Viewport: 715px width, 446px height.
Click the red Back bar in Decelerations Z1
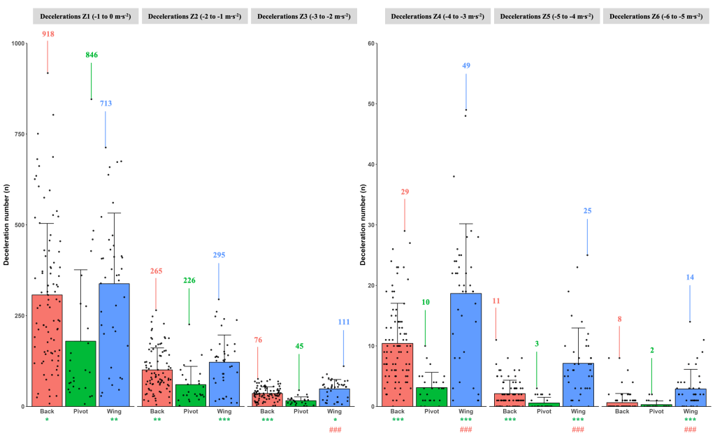coord(47,350)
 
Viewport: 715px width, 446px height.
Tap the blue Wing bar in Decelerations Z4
coord(465,350)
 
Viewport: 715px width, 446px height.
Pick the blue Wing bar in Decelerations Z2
coord(224,384)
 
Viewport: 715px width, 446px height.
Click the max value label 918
coord(48,34)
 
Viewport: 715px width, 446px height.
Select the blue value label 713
coord(106,103)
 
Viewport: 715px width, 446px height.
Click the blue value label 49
coord(466,66)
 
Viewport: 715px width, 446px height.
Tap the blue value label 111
coord(343,322)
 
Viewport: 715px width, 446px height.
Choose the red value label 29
coord(404,192)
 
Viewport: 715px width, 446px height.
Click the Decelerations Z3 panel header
coord(303,16)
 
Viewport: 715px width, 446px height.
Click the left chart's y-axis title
coord(6,224)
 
